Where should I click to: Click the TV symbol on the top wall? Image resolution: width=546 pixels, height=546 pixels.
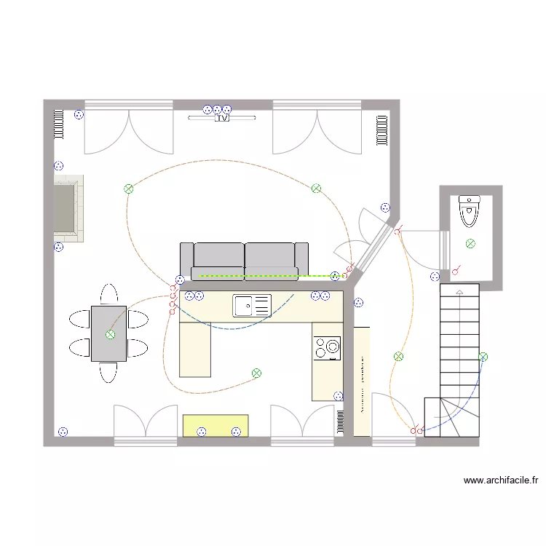coord(223,117)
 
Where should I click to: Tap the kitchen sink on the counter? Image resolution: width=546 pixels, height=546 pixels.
coord(252,305)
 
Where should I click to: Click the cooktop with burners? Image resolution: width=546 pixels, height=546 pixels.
coord(327,348)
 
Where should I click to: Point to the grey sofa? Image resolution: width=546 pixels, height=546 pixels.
coord(244,260)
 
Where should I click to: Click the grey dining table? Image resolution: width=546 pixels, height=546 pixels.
coord(108,333)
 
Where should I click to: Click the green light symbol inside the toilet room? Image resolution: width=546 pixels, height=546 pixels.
coord(471,243)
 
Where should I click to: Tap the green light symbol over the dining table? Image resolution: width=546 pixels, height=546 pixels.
coord(110,335)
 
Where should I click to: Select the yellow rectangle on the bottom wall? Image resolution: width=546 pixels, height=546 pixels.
coord(215,425)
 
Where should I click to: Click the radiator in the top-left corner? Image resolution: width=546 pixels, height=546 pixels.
coord(58,123)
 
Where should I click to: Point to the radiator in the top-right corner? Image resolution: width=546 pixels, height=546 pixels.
coord(381,130)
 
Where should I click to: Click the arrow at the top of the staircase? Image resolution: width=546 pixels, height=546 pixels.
coord(459,292)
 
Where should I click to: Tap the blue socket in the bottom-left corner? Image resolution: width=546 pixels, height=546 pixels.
coord(63,432)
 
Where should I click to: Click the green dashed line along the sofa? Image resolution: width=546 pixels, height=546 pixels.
coord(262,277)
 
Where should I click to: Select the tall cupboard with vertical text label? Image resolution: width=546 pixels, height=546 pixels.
coord(362,381)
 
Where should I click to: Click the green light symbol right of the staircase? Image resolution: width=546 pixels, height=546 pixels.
coord(483,356)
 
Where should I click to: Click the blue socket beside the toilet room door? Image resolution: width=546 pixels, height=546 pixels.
coord(435,277)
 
